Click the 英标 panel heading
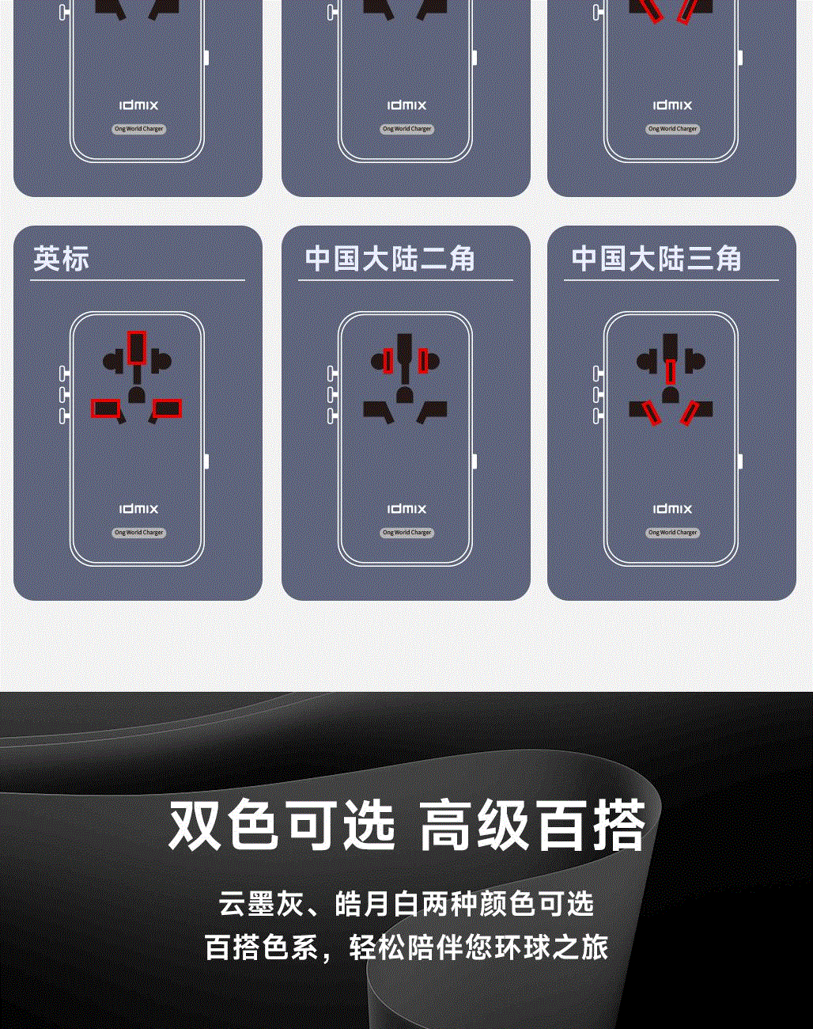61,259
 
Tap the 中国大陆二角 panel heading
390,259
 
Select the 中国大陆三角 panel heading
656,259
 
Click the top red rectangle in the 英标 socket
137,347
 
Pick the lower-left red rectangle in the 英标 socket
105,408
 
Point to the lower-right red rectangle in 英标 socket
167,408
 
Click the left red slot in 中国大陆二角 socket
388,361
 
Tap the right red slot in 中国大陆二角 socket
423,361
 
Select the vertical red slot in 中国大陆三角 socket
671,371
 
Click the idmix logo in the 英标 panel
138,509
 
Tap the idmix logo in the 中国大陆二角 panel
406,509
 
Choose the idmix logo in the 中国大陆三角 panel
672,509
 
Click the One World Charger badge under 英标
138,532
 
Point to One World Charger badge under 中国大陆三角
672,532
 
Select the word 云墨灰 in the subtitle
262,904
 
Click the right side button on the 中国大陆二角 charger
474,461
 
